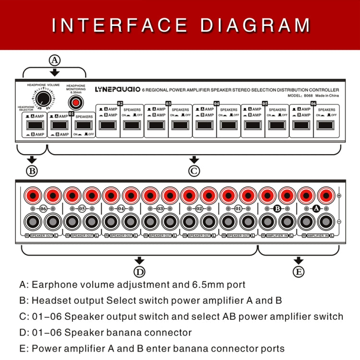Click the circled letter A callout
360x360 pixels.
55,60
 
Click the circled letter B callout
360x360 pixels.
32,170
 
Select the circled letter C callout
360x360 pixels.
194,170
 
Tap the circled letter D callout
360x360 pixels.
139,272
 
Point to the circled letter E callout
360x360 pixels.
299,272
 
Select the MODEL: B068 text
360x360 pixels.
301,96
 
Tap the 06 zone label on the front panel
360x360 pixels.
313,103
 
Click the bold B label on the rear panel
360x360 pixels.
277,209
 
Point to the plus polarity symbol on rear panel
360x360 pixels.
339,196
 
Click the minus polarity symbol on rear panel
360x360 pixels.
339,221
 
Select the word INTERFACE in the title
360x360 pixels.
120,25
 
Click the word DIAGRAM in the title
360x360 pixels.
255,25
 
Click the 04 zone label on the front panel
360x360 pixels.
216,103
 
